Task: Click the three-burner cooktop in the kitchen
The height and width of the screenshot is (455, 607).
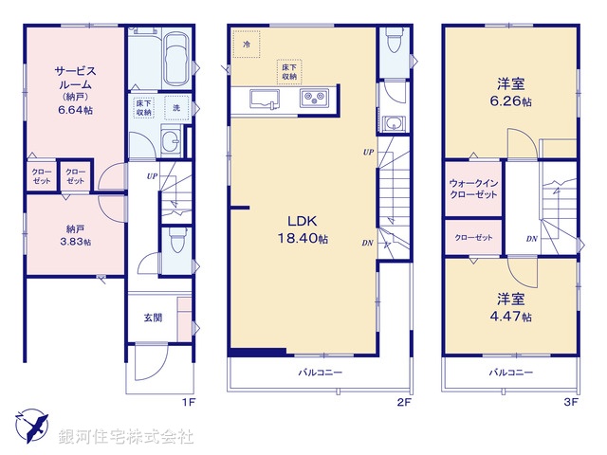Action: pyautogui.click(x=314, y=98)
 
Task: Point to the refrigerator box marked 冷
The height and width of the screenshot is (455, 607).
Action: pyautogui.click(x=247, y=44)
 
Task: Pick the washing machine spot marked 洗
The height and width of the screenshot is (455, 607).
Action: pyautogui.click(x=176, y=108)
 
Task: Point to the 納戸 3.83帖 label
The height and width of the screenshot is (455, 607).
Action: pyautogui.click(x=73, y=234)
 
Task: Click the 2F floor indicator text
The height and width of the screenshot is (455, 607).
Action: pyautogui.click(x=402, y=402)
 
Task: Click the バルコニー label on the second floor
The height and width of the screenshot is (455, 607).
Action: pyautogui.click(x=320, y=372)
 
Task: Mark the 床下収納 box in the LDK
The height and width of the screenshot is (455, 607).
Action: pyautogui.click(x=289, y=71)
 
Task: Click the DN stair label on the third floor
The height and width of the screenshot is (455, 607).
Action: pyautogui.click(x=533, y=238)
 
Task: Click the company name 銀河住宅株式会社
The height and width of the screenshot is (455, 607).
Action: pyautogui.click(x=125, y=437)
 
